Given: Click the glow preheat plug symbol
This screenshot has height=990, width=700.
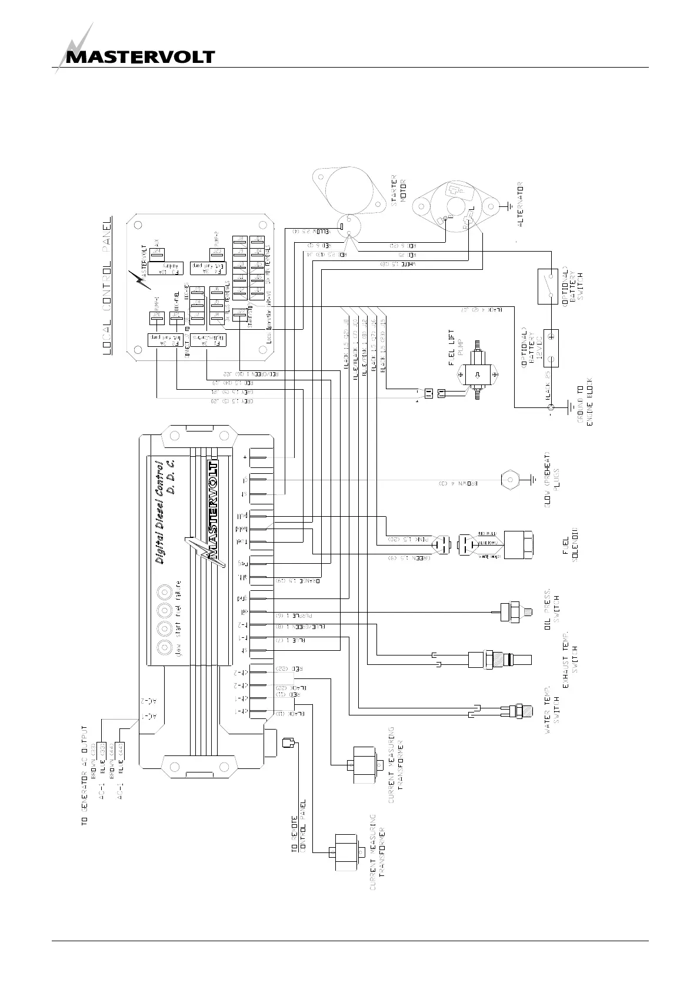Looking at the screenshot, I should (x=508, y=479).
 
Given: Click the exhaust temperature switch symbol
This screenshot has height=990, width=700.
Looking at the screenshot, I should (x=500, y=658).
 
